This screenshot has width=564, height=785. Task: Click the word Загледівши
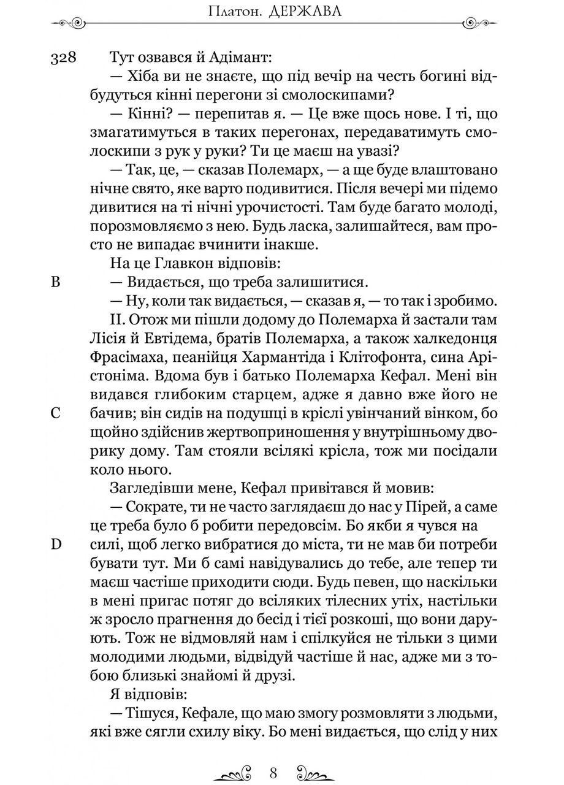[x=145, y=489]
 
